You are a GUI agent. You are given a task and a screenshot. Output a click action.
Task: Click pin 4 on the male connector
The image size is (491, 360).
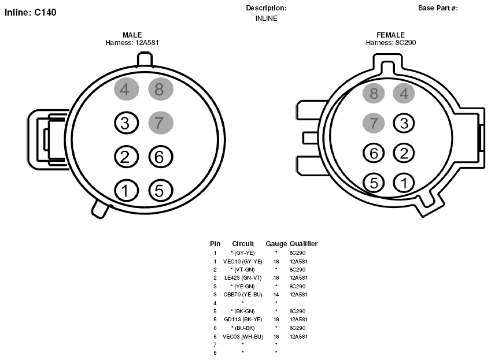[x=126, y=89]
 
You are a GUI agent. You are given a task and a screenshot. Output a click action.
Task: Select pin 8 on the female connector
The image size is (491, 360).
[x=374, y=93]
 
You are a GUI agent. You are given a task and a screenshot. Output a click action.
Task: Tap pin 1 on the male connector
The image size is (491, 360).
[x=126, y=191]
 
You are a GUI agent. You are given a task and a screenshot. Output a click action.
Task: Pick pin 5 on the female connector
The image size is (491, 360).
[x=374, y=183]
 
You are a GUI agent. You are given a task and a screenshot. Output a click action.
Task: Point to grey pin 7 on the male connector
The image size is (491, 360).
[x=161, y=123]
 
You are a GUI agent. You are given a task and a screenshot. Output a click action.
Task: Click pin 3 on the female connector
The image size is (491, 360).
[x=404, y=123]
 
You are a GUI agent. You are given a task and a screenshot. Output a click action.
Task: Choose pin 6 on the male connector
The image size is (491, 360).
[x=161, y=157]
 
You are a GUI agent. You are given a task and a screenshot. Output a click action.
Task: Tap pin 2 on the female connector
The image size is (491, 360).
[x=404, y=153]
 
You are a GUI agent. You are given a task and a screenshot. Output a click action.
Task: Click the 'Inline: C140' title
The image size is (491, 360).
[x=31, y=13]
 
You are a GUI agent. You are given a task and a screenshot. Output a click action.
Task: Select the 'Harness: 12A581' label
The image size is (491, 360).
[x=132, y=43]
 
